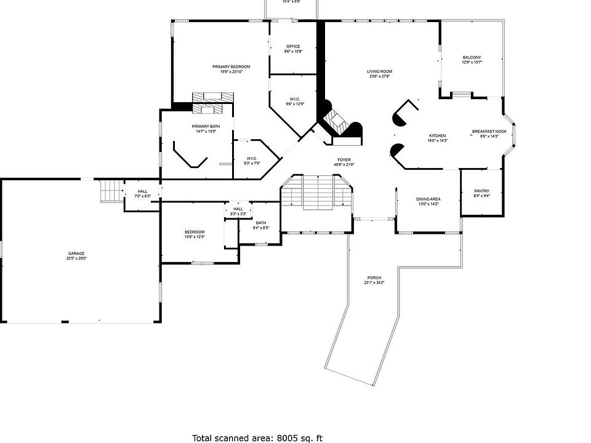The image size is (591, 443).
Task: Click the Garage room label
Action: pos(76,256)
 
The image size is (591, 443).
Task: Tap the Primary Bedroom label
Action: pos(231,69)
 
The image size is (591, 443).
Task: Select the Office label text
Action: pos(292,49)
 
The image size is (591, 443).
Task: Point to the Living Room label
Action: pos(380,74)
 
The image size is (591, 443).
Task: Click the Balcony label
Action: pos(472,60)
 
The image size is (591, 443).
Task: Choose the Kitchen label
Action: pos(437,138)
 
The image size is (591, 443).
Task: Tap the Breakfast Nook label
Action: pos(489,134)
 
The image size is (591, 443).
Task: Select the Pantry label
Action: pos(481,193)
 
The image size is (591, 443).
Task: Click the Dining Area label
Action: pos(428,201)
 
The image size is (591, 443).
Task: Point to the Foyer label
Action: pos(344,162)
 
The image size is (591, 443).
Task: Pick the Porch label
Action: pos(374,280)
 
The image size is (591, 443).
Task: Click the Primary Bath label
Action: pos(206,129)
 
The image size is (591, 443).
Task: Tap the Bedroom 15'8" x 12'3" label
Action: pos(194,234)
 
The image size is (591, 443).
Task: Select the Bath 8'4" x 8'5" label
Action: pos(261,225)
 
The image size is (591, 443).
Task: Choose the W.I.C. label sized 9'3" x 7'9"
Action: pos(251,161)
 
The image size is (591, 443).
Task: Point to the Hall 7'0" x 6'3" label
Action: pos(142,193)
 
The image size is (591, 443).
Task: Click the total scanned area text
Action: pos(257,438)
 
